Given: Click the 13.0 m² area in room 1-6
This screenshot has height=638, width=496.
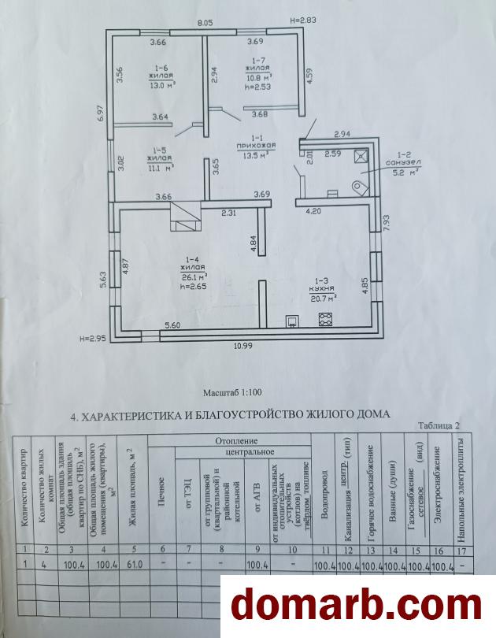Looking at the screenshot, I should [161, 85].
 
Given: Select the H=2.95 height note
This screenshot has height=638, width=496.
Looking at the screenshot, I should [92, 339].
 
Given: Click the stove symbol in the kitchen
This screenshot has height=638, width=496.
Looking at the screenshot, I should [324, 319].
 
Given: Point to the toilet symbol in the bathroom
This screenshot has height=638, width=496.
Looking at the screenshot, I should [361, 186].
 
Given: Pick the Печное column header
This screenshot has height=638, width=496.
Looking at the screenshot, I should [161, 480].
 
